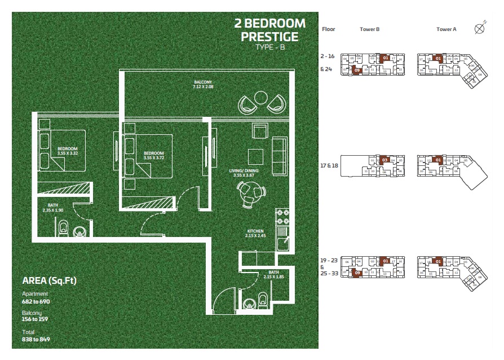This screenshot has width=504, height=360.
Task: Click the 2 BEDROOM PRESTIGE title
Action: (x=269, y=30)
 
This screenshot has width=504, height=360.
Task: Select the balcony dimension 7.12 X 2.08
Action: (x=203, y=87)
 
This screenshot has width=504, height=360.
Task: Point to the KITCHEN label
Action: (x=255, y=232)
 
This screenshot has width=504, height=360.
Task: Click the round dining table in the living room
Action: (x=249, y=193)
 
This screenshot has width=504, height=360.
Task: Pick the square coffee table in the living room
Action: (x=255, y=156)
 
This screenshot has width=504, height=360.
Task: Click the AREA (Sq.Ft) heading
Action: (x=49, y=280)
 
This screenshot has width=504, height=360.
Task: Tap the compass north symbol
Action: (x=480, y=28)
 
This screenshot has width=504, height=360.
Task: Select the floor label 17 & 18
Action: (x=329, y=166)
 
